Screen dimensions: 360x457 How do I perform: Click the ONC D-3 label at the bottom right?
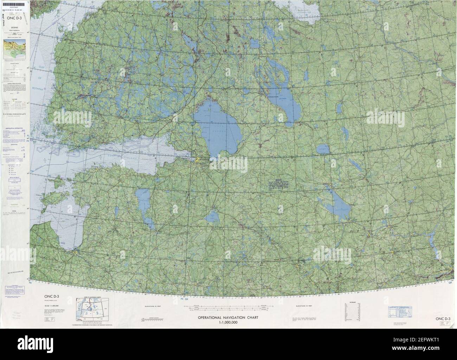tap(444, 319)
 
